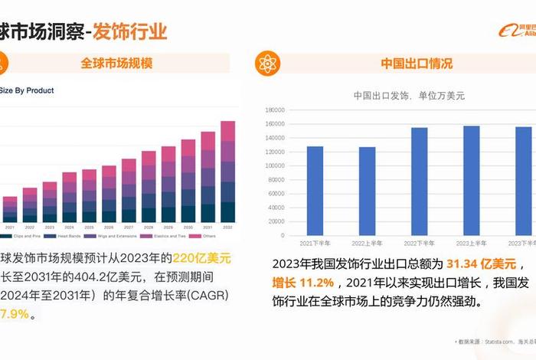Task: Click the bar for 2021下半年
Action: pyautogui.click(x=315, y=191)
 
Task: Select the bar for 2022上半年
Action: pyautogui.click(x=368, y=191)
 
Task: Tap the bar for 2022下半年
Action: pyautogui.click(x=420, y=182)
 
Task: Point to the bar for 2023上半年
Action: pyautogui.click(x=472, y=181)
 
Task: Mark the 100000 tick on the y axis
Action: pyautogui.click(x=275, y=165)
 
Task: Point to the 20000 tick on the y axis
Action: pyautogui.click(x=276, y=221)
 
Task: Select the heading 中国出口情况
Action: pyautogui.click(x=417, y=63)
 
